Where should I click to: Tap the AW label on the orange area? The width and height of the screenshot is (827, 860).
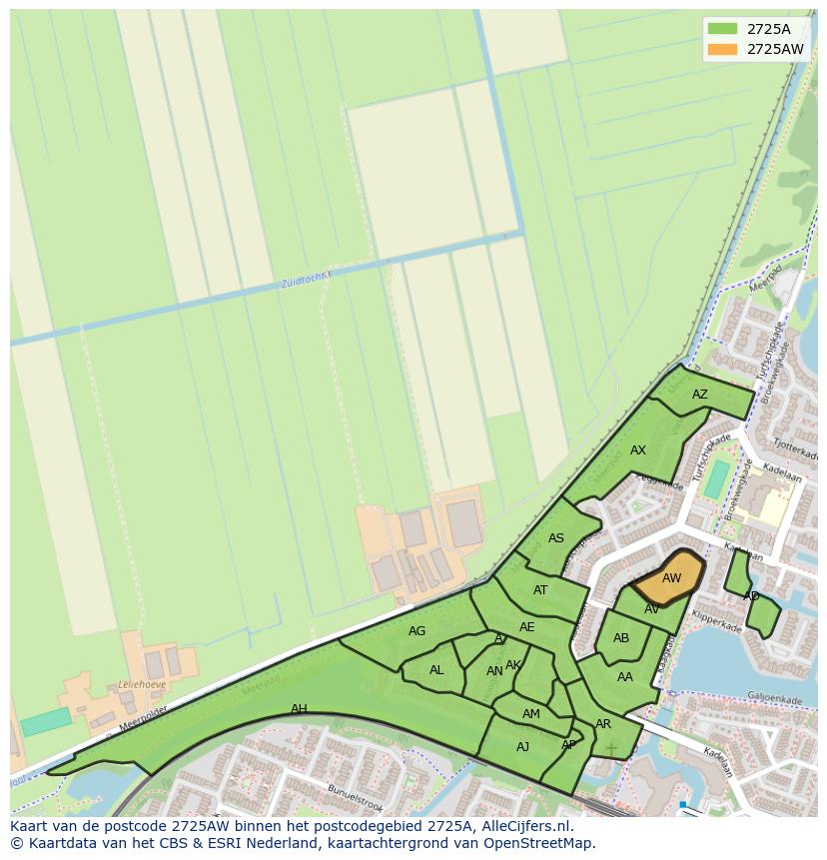[x=671, y=578]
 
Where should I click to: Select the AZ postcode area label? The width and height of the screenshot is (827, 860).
[x=699, y=395]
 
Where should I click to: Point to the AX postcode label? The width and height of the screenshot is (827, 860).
[x=638, y=450]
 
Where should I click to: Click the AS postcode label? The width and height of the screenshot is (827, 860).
[x=556, y=538]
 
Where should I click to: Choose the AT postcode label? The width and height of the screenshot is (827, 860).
[x=540, y=590]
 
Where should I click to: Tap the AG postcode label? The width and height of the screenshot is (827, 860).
[x=417, y=631]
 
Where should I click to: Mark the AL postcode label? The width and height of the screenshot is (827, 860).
[x=436, y=670]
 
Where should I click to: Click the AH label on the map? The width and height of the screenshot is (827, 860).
[x=299, y=709]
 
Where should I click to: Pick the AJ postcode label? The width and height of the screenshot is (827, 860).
[x=522, y=747]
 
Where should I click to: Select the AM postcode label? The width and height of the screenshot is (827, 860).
[x=530, y=714]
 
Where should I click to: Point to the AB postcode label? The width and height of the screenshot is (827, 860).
[x=621, y=638]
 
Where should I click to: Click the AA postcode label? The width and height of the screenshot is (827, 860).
[x=625, y=677]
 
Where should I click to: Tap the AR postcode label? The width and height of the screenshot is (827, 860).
[x=603, y=724]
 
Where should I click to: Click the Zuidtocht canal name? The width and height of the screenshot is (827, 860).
[x=304, y=281]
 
